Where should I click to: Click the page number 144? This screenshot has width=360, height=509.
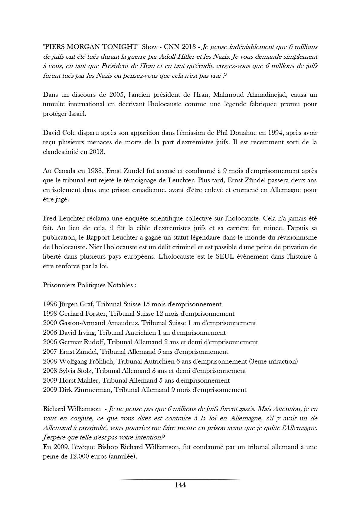click(x=180, y=485)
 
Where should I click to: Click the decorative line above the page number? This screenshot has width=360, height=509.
click(x=180, y=479)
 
